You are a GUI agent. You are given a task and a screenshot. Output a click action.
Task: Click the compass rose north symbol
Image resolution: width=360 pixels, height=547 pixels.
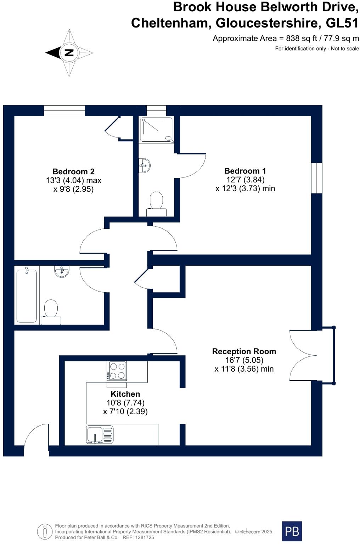tap(69, 53)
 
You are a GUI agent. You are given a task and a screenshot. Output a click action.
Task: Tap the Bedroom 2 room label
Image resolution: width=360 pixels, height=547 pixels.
tap(73, 172)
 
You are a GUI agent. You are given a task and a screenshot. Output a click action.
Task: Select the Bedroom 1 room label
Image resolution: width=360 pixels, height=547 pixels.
tap(245, 171)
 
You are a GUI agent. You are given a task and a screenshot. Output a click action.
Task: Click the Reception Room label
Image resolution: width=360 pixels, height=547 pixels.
tap(244, 351)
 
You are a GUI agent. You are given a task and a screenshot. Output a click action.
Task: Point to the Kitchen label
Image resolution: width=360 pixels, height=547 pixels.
tap(125, 394)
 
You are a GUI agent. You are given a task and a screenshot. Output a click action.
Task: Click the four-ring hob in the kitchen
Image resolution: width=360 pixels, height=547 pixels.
tap(117, 371)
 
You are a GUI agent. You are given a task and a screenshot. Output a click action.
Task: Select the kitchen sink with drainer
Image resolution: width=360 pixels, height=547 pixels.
tap(100, 434)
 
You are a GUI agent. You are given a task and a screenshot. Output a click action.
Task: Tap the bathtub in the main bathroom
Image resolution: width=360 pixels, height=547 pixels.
tap(27, 296)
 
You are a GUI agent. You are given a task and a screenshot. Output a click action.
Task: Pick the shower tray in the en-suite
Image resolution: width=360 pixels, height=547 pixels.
tap(156, 130)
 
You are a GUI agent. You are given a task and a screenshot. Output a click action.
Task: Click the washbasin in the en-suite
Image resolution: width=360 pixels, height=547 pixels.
tap(145, 165)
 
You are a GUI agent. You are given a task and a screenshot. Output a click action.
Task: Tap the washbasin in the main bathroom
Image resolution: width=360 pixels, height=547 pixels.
tap(62, 272)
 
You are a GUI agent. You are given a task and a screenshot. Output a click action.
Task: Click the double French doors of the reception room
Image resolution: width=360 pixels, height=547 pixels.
tap(303, 355)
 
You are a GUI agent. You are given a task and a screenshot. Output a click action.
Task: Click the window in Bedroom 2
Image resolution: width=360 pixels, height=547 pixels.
tap(64, 111)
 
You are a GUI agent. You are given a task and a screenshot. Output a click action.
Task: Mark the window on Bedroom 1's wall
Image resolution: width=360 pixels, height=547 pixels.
tap(317, 178)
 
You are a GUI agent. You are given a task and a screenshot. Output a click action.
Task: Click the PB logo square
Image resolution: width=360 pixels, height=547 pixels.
tap(292, 531)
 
